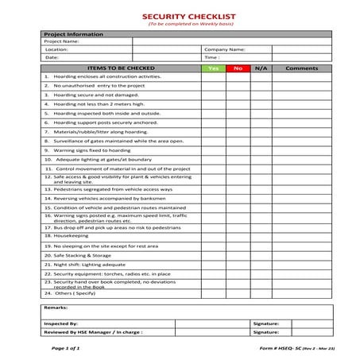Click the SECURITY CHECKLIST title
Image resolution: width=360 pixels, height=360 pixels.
click(180, 16)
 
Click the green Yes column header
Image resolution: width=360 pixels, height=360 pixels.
click(213, 68)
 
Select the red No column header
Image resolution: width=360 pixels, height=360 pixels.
click(237, 68)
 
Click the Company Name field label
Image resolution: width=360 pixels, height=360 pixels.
click(223, 49)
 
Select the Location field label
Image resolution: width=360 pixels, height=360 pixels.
click(58, 49)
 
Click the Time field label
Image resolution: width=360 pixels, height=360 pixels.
click(212, 57)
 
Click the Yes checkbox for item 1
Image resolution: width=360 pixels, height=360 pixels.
click(213, 77)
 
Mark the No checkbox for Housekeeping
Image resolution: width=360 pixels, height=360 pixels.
click(237, 236)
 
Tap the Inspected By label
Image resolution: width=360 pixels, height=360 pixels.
click(61, 324)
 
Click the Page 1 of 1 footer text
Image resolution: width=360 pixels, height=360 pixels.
click(66, 348)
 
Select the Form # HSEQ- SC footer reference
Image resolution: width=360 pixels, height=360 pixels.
click(277, 348)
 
